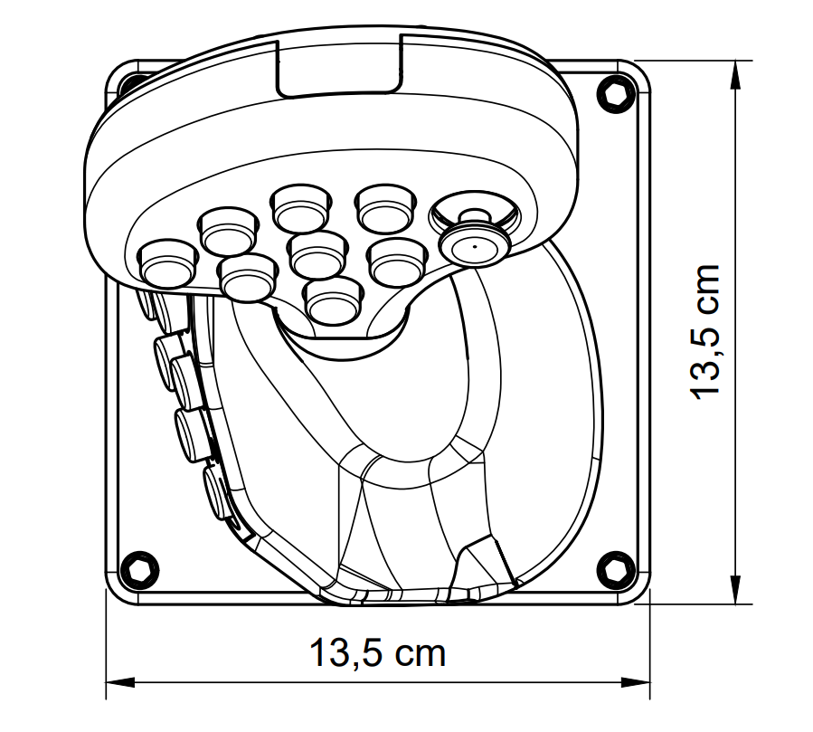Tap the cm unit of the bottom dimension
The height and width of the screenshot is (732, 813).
point(421,656)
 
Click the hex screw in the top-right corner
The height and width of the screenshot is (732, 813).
point(617,93)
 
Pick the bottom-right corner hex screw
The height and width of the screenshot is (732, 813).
point(617,570)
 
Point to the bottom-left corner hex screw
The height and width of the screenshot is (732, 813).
point(139,570)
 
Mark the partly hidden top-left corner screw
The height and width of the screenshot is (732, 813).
point(134,83)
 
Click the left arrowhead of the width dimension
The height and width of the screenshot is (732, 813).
point(120,681)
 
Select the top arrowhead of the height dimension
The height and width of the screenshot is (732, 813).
point(735,75)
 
